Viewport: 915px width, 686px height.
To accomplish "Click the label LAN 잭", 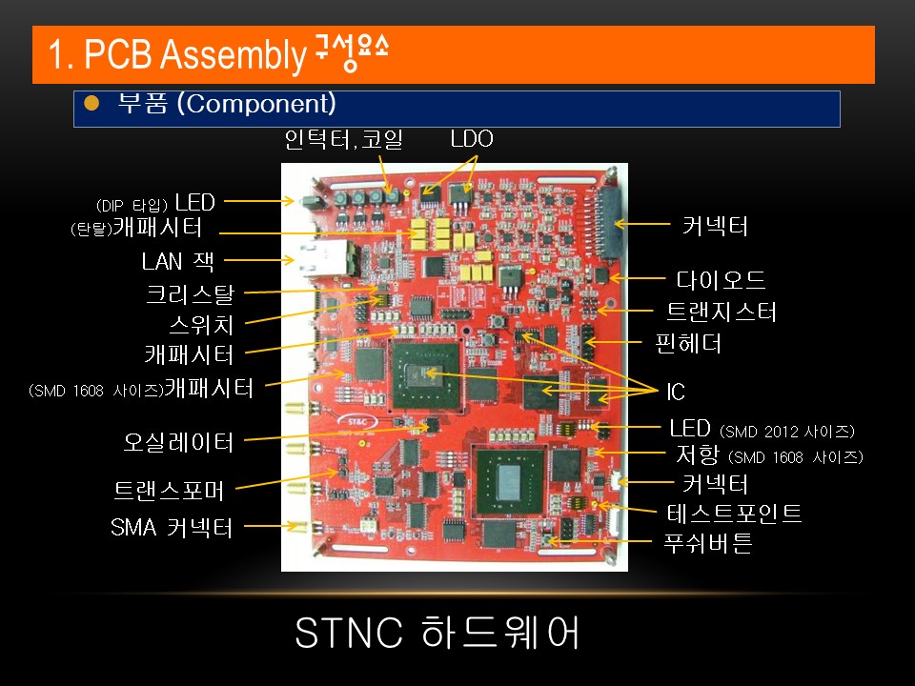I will (178, 261).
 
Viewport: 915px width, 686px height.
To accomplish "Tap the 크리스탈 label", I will (190, 294).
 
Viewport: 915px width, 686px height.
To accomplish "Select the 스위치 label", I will (201, 324).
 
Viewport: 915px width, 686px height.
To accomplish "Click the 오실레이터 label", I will (178, 442).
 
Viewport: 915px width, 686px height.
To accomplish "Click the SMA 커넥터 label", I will (172, 527).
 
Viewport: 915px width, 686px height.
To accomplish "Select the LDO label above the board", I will (472, 139).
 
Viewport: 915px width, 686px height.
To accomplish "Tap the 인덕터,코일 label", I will (344, 140).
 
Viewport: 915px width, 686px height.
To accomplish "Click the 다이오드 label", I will (722, 280).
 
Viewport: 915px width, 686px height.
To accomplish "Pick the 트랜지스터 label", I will (722, 312).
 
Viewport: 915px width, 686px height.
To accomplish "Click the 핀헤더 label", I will (688, 343).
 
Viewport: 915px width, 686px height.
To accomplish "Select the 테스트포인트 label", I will (733, 514).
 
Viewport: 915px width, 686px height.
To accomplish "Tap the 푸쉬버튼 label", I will (708, 544).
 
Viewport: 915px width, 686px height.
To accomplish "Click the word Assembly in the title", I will (233, 56).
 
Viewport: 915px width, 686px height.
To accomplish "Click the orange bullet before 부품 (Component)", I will (91, 103).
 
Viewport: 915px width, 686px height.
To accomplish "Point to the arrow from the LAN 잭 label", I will (258, 259).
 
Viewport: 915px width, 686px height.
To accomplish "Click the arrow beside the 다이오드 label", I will (639, 278).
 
